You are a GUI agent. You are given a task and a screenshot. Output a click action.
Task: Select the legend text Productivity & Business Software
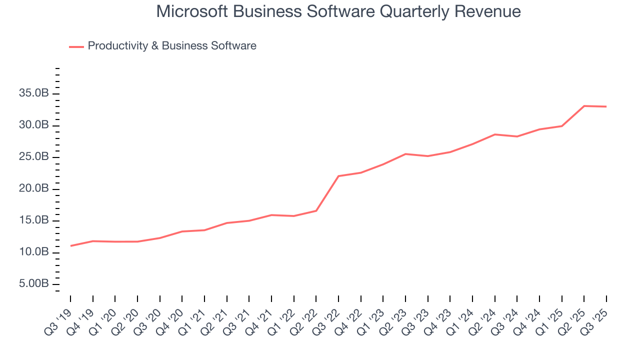click(x=172, y=46)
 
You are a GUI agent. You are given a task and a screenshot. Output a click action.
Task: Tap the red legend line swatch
click(x=76, y=46)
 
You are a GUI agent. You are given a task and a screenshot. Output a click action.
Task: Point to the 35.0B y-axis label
click(x=34, y=93)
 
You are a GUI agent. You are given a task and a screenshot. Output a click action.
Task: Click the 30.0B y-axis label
click(x=34, y=125)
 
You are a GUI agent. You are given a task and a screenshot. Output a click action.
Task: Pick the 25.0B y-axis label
click(x=34, y=157)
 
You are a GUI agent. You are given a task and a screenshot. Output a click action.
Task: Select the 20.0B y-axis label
click(x=34, y=188)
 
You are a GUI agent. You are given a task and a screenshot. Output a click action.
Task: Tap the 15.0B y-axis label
click(x=34, y=220)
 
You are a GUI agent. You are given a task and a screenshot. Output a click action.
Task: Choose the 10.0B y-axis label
click(x=34, y=252)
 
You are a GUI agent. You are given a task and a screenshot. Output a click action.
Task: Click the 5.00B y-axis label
click(x=34, y=284)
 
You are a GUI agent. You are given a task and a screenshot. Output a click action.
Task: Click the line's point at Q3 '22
click(x=338, y=176)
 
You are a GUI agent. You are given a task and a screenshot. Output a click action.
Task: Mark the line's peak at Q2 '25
click(x=584, y=106)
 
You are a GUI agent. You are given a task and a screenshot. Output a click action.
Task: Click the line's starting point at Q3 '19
click(x=70, y=245)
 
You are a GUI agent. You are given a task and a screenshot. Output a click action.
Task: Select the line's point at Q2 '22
click(x=316, y=210)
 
